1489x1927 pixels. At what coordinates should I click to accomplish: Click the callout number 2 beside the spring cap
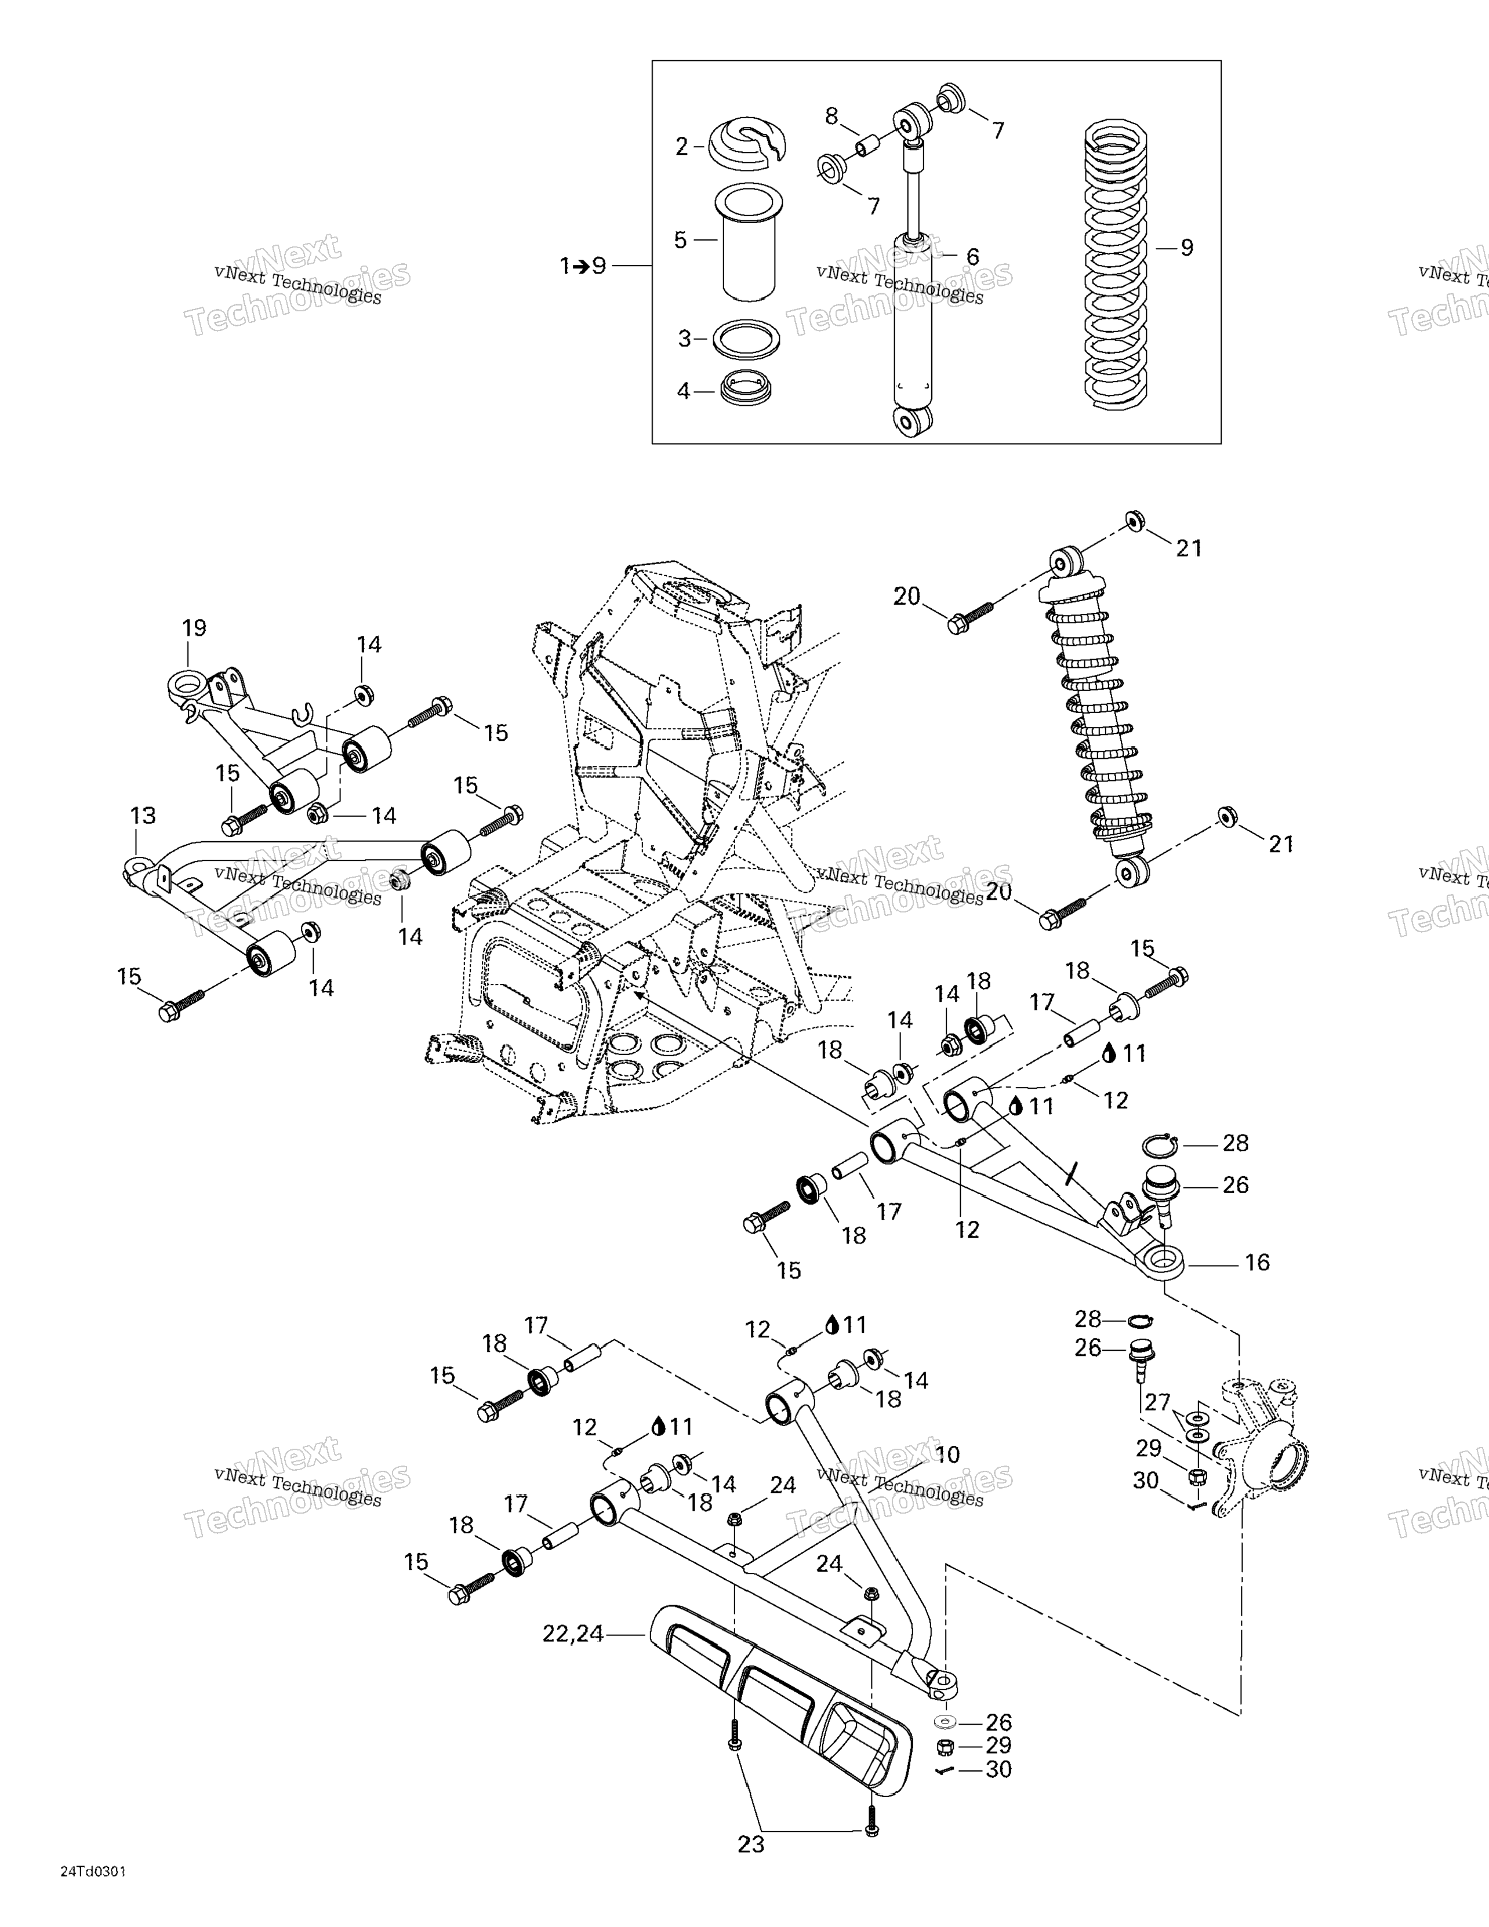coord(681,147)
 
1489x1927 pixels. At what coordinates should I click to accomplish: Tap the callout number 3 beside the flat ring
coord(684,339)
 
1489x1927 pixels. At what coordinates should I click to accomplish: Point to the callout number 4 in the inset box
coord(683,390)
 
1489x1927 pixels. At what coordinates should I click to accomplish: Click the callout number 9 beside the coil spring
coord(1187,248)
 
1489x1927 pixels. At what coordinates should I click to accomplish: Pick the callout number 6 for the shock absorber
coord(972,257)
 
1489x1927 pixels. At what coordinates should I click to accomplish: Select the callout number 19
coord(194,628)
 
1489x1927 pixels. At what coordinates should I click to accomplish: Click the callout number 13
coord(143,815)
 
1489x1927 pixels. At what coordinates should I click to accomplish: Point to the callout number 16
coord(1257,1263)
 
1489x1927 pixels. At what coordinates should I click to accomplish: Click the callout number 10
coord(947,1455)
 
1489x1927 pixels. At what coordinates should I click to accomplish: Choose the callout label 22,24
coord(573,1634)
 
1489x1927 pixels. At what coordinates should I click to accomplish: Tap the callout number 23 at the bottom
coord(751,1844)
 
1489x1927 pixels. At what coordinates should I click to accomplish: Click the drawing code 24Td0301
coord(93,1893)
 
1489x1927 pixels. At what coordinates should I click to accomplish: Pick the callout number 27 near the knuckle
coord(1157,1402)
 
